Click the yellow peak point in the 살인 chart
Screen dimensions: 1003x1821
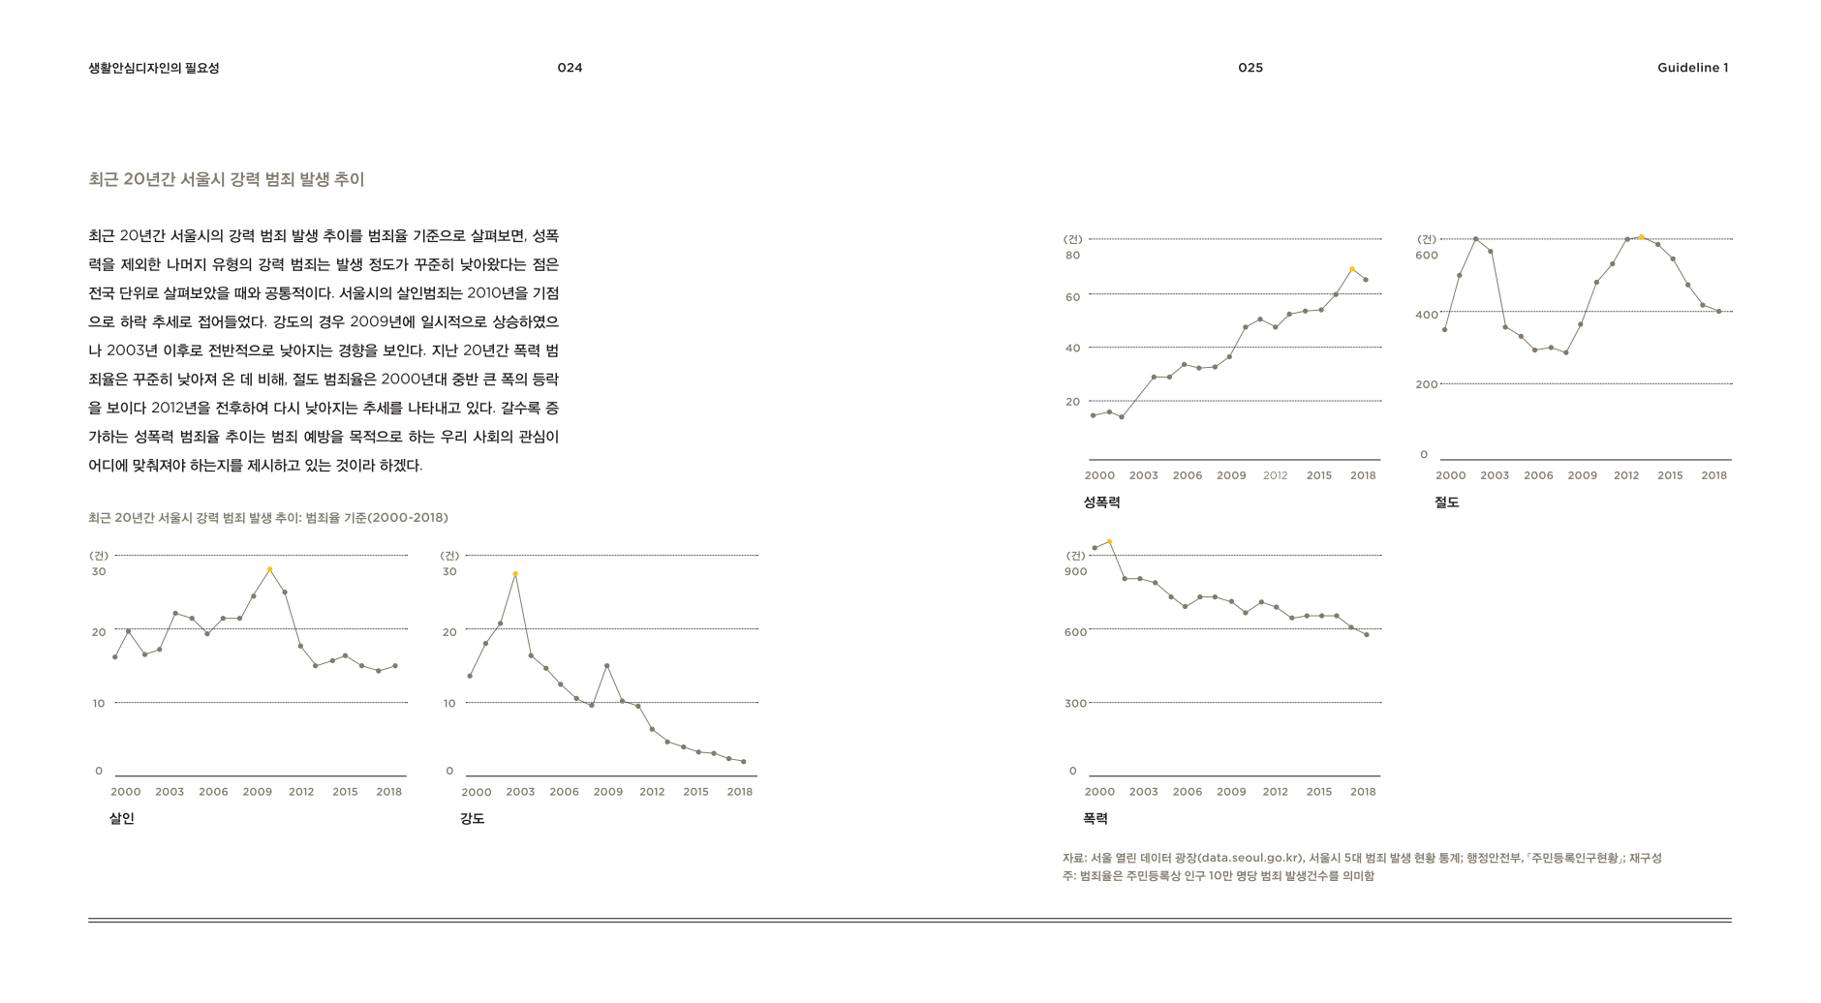(x=270, y=569)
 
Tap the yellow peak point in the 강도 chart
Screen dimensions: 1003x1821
(x=515, y=574)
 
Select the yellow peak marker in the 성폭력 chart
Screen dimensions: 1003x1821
(x=1352, y=269)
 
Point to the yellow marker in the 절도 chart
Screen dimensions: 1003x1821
(x=1642, y=237)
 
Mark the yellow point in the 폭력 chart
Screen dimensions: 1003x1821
(x=1110, y=542)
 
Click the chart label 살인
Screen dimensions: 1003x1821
(x=122, y=819)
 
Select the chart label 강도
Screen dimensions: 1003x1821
(x=473, y=819)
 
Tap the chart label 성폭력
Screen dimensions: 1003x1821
(x=1101, y=502)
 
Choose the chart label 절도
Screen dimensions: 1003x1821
(x=1446, y=502)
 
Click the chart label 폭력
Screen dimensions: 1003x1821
(x=1096, y=819)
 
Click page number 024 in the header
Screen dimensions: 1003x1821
(x=570, y=68)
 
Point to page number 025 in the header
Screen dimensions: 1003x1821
(x=1250, y=68)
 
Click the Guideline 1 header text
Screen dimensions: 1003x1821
(x=1692, y=68)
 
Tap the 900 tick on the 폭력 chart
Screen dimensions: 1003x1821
(x=1076, y=572)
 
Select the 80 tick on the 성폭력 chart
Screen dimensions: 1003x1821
(x=1072, y=256)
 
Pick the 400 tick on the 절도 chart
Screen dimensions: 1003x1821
(x=1427, y=316)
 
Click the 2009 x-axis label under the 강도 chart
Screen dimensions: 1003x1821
(x=608, y=792)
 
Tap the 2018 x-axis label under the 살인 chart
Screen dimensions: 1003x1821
(x=388, y=792)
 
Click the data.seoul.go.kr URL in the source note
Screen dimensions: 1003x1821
(x=1250, y=858)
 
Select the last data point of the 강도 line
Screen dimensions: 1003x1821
(x=744, y=762)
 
